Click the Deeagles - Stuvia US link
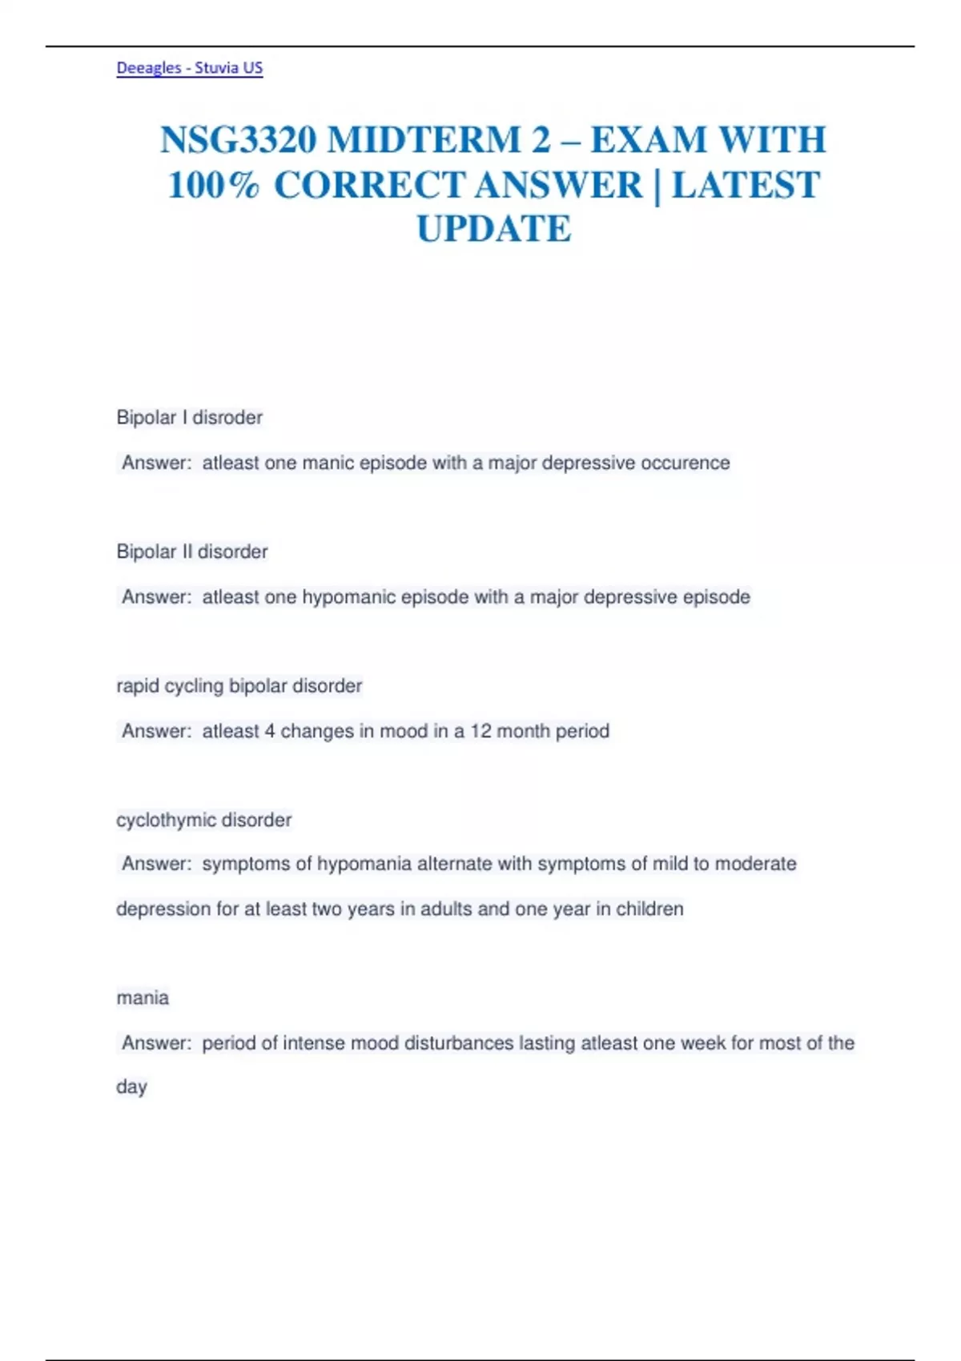[x=190, y=68]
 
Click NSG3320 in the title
[x=238, y=140]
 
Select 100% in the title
[x=213, y=186]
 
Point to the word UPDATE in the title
[x=494, y=230]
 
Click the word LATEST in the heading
[x=746, y=186]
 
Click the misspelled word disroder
[x=227, y=418]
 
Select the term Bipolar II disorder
[x=192, y=552]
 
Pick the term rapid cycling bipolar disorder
[x=239, y=686]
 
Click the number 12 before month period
[x=480, y=731]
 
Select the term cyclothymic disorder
[x=204, y=820]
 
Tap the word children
[x=649, y=909]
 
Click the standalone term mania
[x=143, y=998]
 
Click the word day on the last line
[x=131, y=1087]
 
